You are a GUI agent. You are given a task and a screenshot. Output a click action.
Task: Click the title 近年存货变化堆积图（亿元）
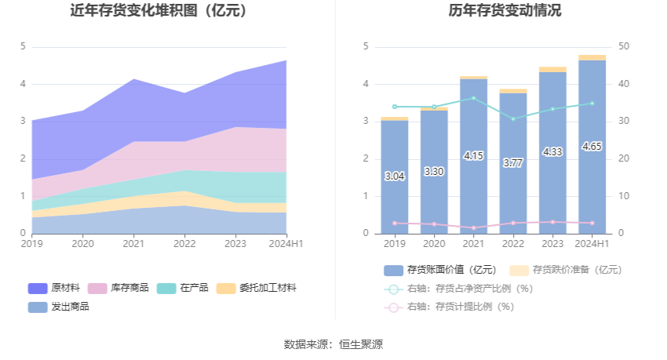click(x=159, y=11)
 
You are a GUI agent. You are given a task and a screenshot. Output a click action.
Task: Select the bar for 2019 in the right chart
click(x=395, y=176)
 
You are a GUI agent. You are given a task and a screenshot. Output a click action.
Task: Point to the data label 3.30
click(x=434, y=171)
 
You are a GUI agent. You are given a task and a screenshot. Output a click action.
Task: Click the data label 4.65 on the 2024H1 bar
click(x=592, y=147)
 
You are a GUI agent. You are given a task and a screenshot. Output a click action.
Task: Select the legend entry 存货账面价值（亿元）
click(x=443, y=270)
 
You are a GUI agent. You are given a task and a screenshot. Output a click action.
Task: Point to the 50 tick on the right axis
click(x=624, y=47)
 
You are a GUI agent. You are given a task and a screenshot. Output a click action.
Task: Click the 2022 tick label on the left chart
click(x=184, y=244)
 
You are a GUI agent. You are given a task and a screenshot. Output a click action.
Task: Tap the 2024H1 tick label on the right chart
click(x=592, y=244)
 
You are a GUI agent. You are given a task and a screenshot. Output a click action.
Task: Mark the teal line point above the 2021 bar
click(x=473, y=98)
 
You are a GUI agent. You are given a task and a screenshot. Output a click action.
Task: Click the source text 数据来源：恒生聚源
click(x=333, y=344)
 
